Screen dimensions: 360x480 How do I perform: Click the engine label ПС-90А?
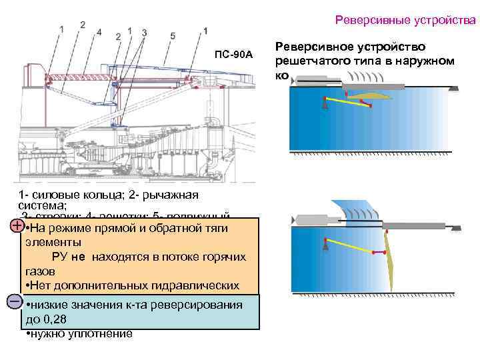233,54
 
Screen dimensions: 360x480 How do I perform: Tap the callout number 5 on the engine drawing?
173,34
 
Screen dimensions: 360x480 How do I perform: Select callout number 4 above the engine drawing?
98,31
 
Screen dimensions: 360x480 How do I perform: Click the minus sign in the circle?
16,301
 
